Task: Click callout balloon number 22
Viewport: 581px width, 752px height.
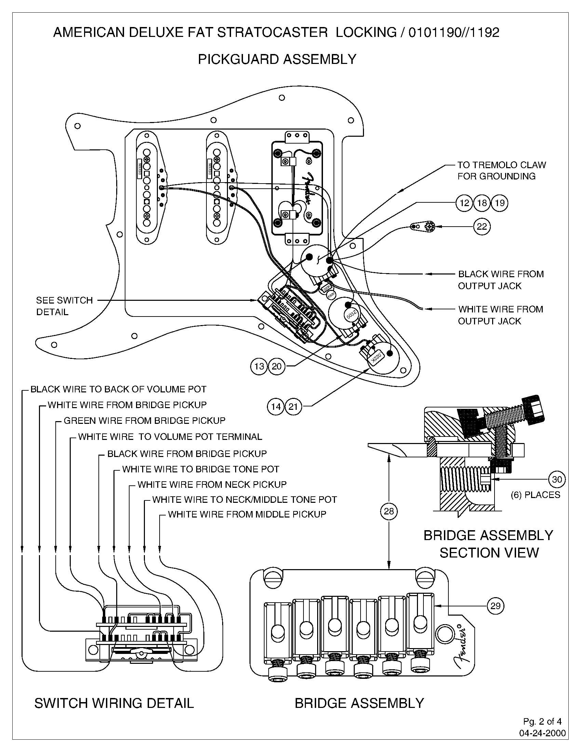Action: [482, 227]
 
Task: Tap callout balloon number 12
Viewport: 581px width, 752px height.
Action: [464, 203]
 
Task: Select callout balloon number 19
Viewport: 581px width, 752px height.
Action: [499, 203]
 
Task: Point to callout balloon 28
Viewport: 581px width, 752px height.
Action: [389, 511]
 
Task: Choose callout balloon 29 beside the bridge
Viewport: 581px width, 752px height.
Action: [495, 606]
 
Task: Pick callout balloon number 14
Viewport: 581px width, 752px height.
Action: [276, 407]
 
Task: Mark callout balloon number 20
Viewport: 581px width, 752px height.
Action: [276, 366]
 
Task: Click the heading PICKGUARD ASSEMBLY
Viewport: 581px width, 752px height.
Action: [277, 59]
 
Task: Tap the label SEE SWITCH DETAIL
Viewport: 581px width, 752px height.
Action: [64, 306]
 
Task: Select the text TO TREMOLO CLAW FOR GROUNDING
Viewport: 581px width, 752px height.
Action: [501, 171]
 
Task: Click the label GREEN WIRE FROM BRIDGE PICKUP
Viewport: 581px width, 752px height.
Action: [144, 420]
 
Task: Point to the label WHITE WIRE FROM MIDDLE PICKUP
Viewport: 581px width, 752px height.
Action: [247, 514]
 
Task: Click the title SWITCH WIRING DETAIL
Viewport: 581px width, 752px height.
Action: [114, 703]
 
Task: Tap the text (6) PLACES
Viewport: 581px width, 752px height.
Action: [535, 495]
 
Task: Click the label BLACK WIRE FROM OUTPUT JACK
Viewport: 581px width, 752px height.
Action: [500, 280]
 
